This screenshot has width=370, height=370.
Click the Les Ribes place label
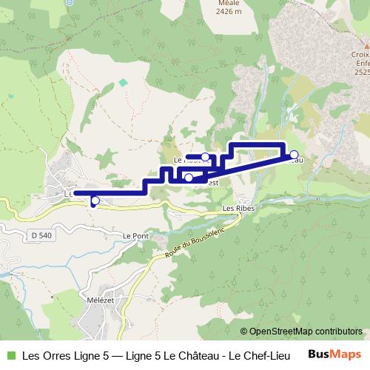tap(238, 209)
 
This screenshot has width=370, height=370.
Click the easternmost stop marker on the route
tap(294, 155)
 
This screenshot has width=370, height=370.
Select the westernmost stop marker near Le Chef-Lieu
tap(95, 200)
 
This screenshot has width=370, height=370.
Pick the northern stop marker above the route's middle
tap(205, 157)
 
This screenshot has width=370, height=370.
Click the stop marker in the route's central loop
tap(189, 178)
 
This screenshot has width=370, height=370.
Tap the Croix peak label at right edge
tap(362, 55)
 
